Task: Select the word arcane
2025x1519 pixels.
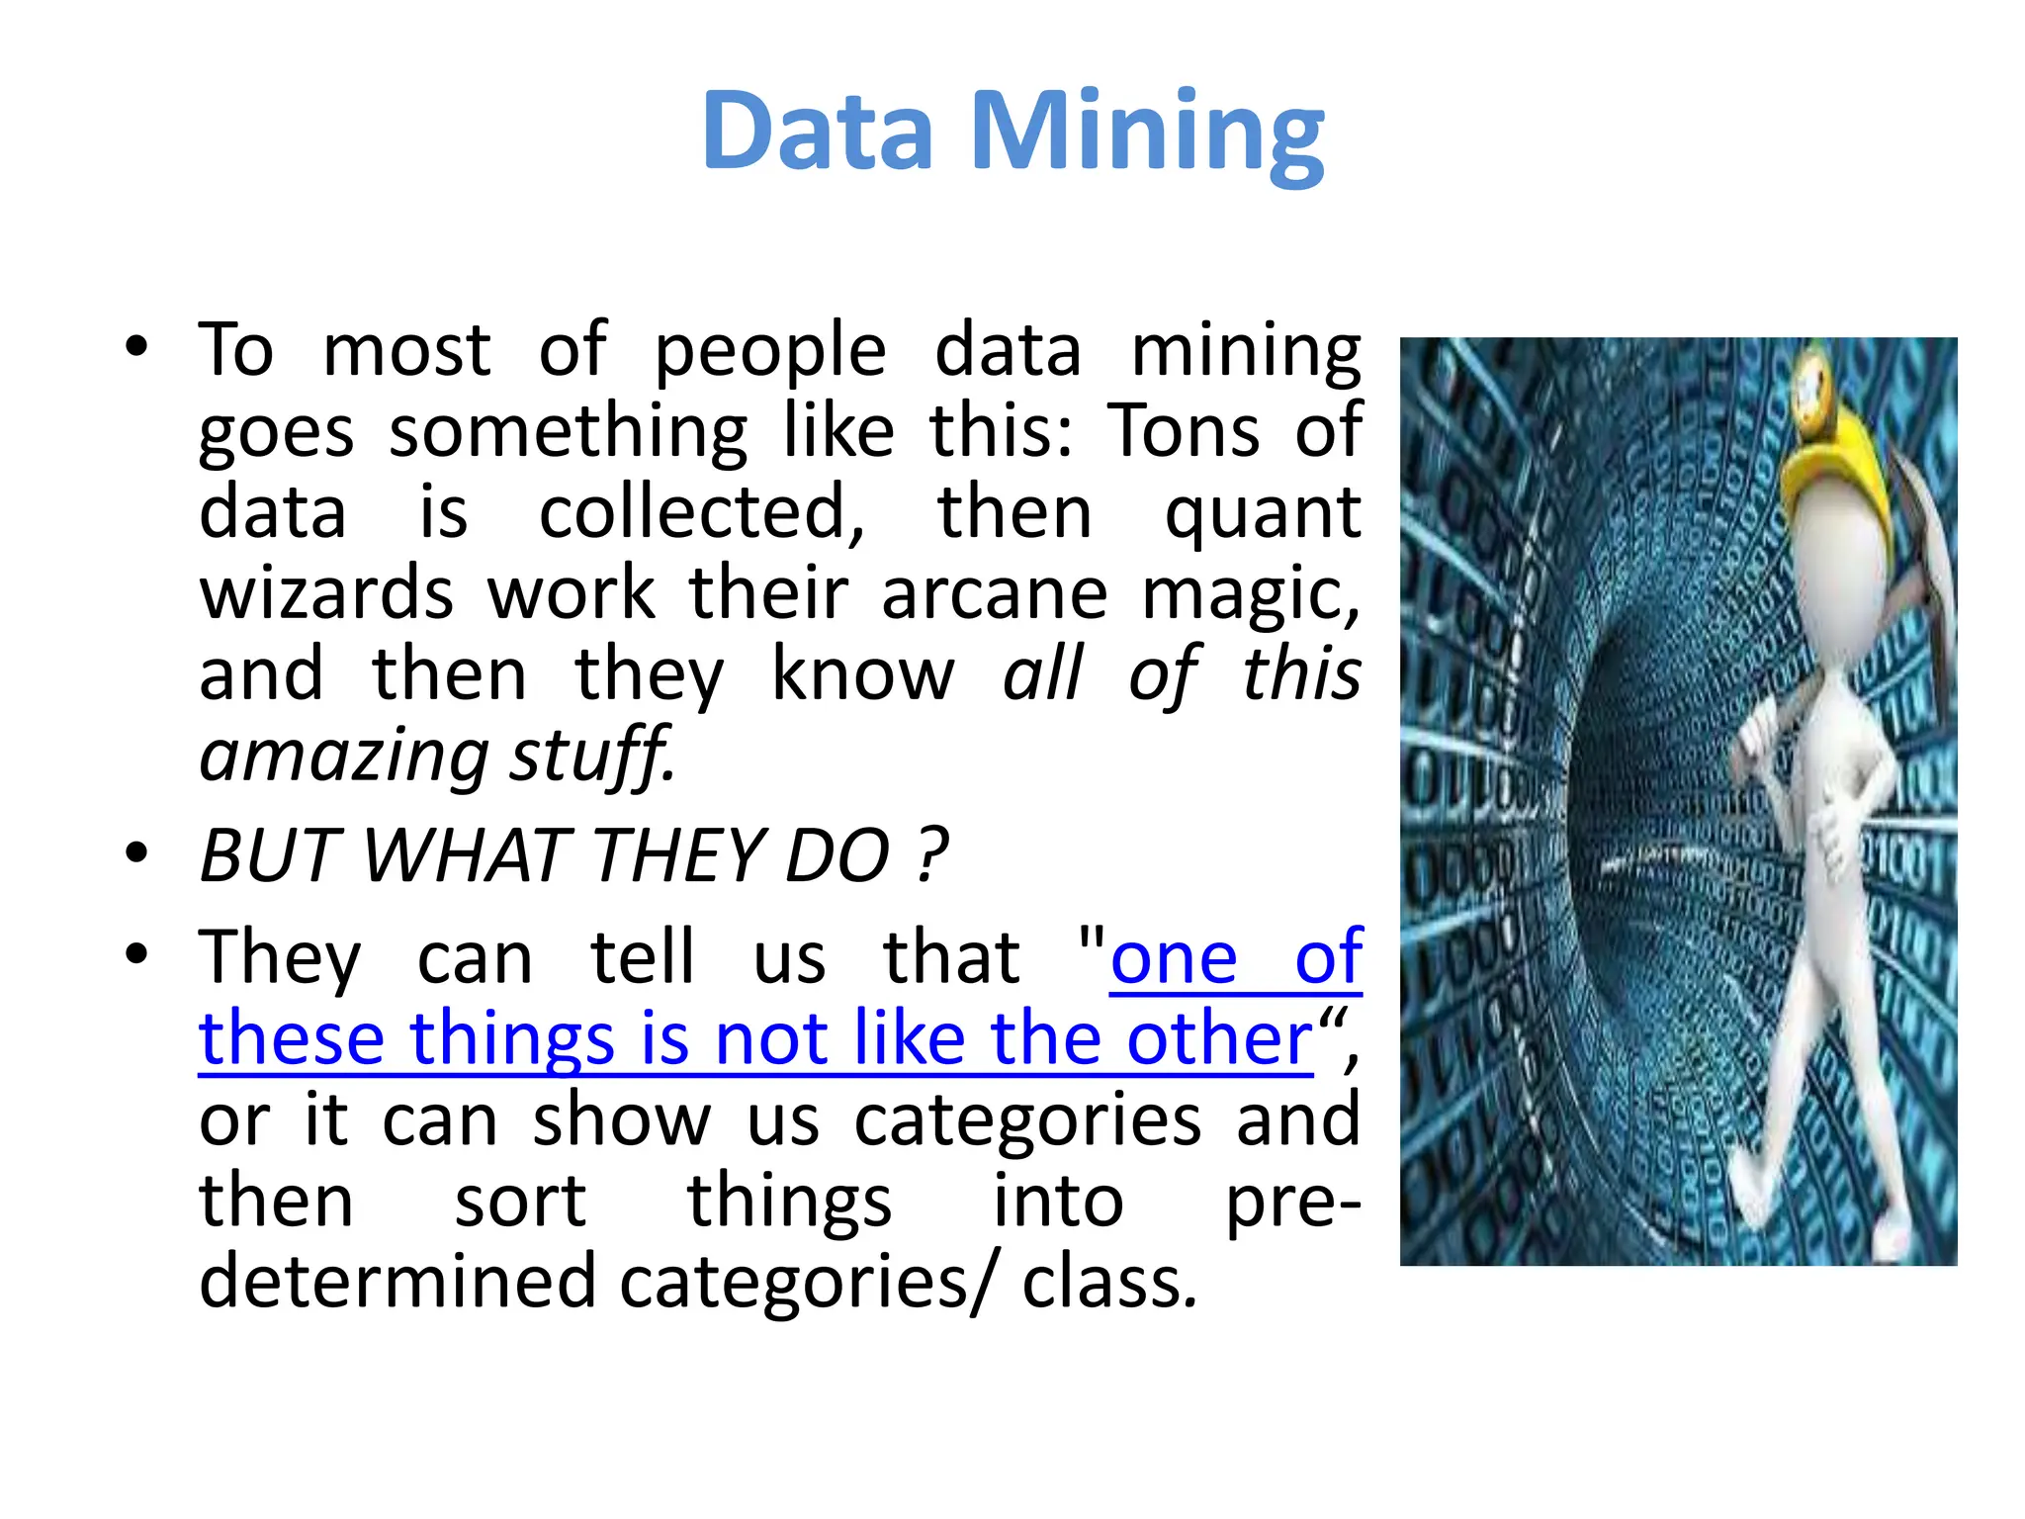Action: (994, 595)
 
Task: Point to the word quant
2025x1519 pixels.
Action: (1263, 514)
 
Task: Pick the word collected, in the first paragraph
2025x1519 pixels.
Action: (701, 514)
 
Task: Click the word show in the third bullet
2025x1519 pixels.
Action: (621, 1121)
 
